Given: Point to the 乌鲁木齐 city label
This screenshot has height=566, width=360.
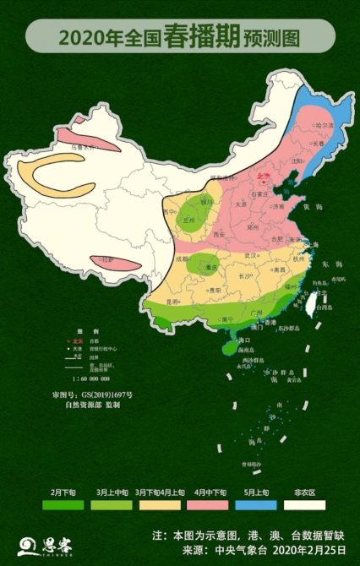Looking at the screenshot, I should coord(82,147).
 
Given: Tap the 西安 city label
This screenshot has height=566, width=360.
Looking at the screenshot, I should coord(220,233).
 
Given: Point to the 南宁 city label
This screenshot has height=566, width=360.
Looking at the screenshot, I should coord(226,319).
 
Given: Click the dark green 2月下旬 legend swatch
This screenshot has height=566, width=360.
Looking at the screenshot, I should coord(63,504).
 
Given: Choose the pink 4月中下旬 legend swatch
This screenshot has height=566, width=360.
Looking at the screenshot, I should coord(206,504).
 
